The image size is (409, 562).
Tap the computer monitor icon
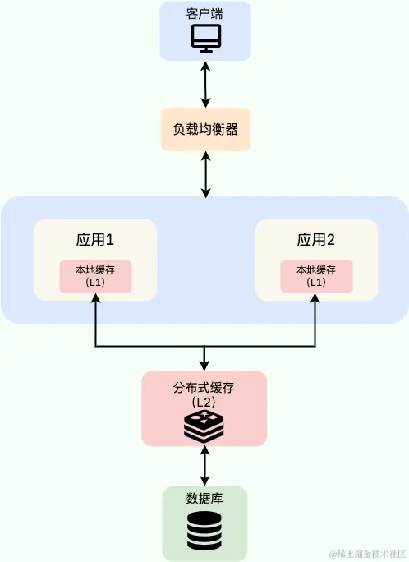[x=204, y=39]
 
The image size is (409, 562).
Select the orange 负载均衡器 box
[x=204, y=129]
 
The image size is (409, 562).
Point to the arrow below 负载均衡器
[x=204, y=173]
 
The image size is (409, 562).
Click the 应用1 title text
[x=94, y=241]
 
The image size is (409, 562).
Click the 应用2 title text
[x=316, y=241]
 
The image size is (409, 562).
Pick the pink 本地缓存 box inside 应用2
[x=316, y=275]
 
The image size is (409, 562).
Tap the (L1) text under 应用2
[x=316, y=282]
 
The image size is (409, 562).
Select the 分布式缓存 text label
[x=204, y=388]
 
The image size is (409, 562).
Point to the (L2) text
[x=204, y=402]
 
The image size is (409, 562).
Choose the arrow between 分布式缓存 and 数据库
[x=204, y=466]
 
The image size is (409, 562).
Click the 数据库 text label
[x=204, y=498]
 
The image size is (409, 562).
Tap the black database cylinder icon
[x=204, y=531]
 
